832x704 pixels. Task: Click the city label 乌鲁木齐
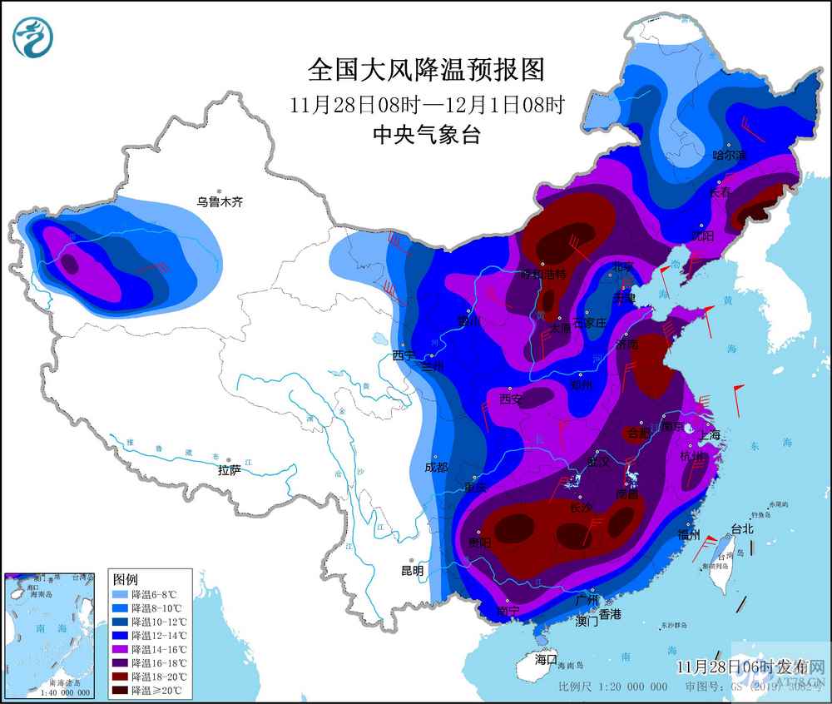pyautogui.click(x=220, y=201)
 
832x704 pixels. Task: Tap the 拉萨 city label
pyautogui.click(x=229, y=470)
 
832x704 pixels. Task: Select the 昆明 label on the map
pyautogui.click(x=412, y=571)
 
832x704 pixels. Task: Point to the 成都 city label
pyautogui.click(x=437, y=468)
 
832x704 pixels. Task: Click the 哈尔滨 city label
pyautogui.click(x=730, y=155)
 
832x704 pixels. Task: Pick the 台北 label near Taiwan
pyautogui.click(x=741, y=528)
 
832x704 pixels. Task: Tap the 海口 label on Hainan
pyautogui.click(x=546, y=659)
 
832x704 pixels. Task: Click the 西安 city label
pyautogui.click(x=510, y=399)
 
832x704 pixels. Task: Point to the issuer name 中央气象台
pyautogui.click(x=426, y=135)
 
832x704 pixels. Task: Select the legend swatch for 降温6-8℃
pyautogui.click(x=121, y=594)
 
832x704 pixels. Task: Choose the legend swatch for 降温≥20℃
pyautogui.click(x=121, y=690)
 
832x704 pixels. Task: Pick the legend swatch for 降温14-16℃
pyautogui.click(x=121, y=649)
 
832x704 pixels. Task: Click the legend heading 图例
pyautogui.click(x=125, y=578)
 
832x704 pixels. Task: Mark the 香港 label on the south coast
pyautogui.click(x=609, y=614)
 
